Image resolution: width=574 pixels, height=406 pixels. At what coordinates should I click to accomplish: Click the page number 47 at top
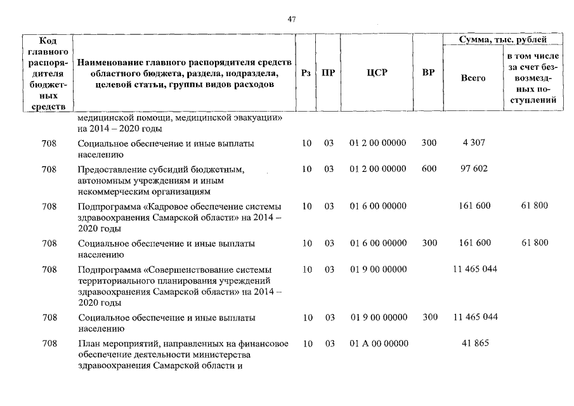pos(292,20)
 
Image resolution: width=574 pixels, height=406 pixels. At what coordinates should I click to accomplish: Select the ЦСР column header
pos(377,73)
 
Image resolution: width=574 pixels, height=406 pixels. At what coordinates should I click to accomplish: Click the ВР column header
pos(429,73)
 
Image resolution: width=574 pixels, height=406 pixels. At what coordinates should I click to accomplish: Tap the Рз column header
pos(306,73)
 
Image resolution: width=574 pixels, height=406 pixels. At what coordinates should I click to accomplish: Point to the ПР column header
pos(328,73)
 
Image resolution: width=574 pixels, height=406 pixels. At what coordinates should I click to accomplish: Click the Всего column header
pos(473,78)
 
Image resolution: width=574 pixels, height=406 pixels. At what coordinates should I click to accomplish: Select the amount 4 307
pos(474,143)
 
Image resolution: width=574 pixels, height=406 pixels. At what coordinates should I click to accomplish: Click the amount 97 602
pos(474,169)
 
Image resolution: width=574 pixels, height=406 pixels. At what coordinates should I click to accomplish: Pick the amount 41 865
pos(474,344)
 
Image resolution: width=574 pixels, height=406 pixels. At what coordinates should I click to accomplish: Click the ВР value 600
pos(429,169)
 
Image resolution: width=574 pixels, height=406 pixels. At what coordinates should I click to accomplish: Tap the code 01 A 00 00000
pos(378,344)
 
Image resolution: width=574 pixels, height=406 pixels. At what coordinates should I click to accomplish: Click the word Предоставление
pos(107,170)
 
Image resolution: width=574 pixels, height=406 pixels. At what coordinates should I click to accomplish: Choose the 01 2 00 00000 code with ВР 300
pos(378,143)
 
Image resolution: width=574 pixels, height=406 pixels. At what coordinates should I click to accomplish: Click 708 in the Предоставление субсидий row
pos(49,169)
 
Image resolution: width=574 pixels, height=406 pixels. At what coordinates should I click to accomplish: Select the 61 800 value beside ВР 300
pos(533,243)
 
